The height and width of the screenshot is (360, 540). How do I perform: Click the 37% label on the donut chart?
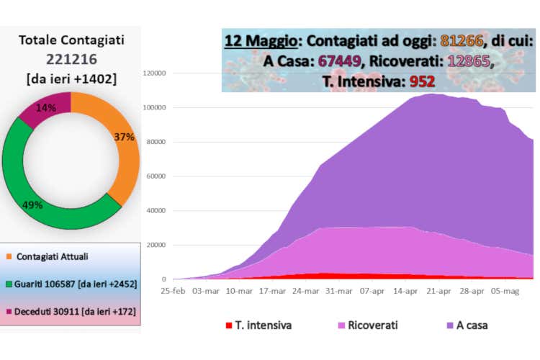pos(125,137)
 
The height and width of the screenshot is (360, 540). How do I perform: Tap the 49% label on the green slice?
pos(33,204)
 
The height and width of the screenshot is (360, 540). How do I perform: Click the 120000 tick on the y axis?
pos(155,73)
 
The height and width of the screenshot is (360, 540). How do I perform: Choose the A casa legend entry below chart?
pos(467,325)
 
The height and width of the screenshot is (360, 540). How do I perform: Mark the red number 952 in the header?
pos(422,81)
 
